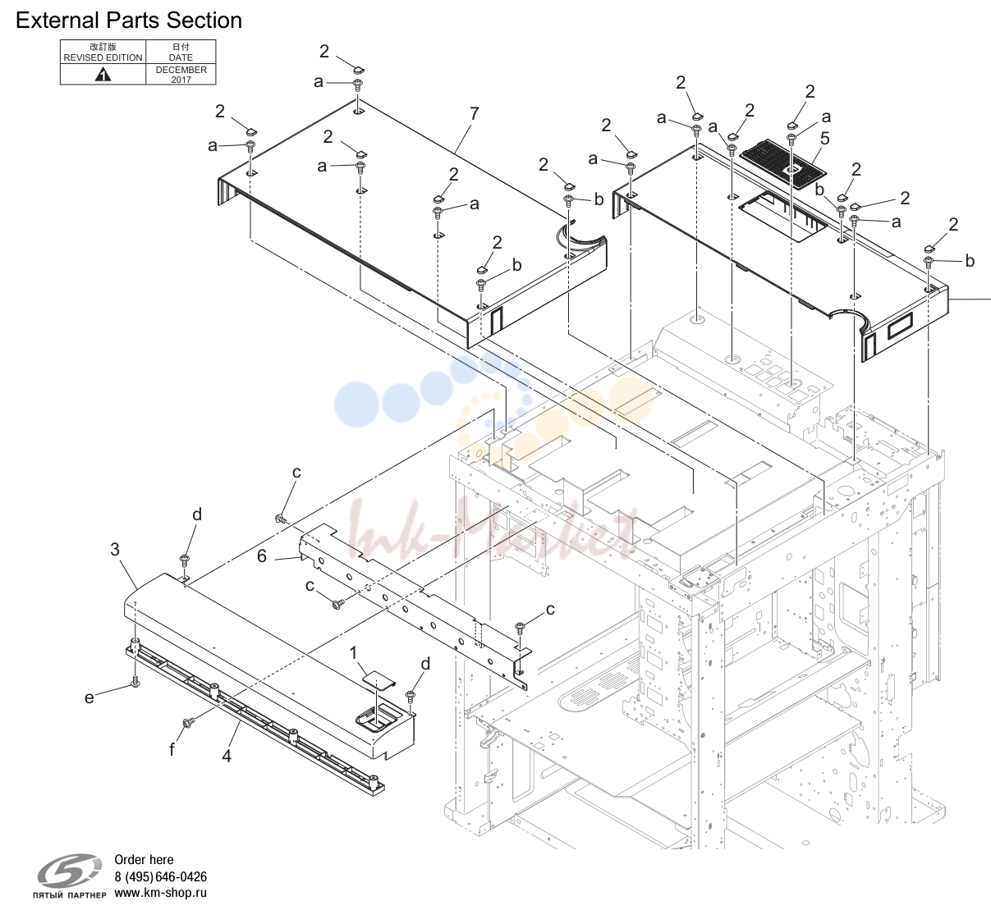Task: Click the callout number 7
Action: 475,114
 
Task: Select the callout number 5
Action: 824,139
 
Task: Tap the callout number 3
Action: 115,550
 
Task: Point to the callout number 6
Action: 262,556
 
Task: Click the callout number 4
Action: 227,756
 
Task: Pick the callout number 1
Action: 353,653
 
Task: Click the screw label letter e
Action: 89,697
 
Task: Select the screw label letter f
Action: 172,749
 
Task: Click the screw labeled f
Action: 188,723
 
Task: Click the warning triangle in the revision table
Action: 103,75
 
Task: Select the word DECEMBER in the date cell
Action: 181,70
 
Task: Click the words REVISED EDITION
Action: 103,57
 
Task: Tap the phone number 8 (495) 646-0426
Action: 161,877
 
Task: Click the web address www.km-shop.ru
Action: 161,893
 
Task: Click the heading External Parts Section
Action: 129,21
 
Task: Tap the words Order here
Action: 144,860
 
